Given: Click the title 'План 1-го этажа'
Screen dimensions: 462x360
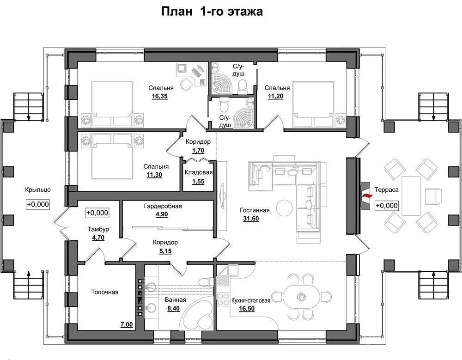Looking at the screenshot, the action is [212, 12].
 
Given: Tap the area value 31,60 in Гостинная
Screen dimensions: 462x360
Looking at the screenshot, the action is [251, 219].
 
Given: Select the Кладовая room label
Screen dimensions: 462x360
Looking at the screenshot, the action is [199, 172].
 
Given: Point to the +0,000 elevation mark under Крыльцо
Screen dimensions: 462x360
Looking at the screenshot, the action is [38, 204].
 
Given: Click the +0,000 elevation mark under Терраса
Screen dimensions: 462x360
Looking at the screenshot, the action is [386, 206].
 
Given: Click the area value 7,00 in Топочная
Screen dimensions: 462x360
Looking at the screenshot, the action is [127, 324].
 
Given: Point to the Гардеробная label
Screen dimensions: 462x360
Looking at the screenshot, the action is [163, 206].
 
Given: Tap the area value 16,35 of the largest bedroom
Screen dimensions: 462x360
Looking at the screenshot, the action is [160, 96].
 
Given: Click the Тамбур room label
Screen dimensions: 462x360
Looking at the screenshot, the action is [98, 229].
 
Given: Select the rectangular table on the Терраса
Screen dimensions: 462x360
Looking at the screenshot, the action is [411, 195].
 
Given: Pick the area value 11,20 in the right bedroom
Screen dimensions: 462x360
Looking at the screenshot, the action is [276, 96].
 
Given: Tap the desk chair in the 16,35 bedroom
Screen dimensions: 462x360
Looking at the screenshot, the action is [186, 84].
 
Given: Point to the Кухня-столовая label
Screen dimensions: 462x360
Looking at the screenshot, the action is [251, 300].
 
